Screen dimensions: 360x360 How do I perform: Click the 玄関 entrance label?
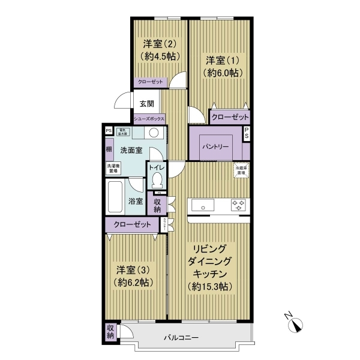[146, 103]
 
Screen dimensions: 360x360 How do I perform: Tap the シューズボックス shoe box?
[149, 118]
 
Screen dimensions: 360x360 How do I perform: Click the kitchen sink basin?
[205, 205]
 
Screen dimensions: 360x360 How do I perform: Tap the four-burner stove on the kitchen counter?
[239, 205]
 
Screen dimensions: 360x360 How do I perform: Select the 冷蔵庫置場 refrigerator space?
[241, 170]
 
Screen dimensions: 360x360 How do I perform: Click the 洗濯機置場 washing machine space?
[113, 169]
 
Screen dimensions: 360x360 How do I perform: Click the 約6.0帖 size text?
[223, 72]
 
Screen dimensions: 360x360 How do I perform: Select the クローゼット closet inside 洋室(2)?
[149, 82]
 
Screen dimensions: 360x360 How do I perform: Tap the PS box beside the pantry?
[247, 135]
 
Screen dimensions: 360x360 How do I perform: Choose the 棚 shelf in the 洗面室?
[109, 149]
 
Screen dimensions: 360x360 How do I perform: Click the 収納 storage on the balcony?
[110, 332]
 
